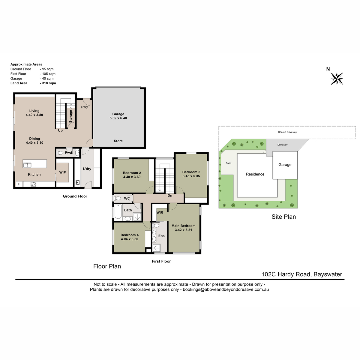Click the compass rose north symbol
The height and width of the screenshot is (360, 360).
pos(337,79)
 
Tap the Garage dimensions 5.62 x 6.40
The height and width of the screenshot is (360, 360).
pos(118,118)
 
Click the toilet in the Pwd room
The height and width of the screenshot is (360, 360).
pos(60,153)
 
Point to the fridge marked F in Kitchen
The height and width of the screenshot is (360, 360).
pos(19,184)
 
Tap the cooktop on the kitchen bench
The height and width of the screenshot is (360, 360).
pos(33,184)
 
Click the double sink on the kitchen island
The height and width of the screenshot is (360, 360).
pos(27,165)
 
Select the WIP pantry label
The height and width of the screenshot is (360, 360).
pos(62,172)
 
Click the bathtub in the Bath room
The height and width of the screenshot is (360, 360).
pos(118,212)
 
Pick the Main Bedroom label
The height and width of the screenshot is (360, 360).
pos(183,226)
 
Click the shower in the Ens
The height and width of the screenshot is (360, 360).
pos(156,248)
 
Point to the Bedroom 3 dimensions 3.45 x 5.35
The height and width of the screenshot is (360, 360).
pos(191,176)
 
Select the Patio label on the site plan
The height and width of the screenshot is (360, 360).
pos(228,163)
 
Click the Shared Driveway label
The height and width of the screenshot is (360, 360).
pos(287,132)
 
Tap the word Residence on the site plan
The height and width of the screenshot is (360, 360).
pos(255,174)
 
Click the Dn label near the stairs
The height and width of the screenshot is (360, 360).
pos(169,196)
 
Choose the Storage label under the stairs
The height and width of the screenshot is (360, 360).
pos(70,116)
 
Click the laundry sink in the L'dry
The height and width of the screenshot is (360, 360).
pos(77,182)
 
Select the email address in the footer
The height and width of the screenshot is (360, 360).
pos(226,289)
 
